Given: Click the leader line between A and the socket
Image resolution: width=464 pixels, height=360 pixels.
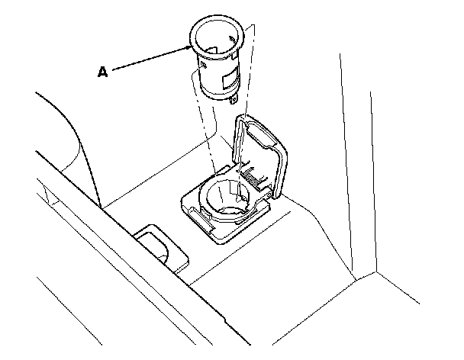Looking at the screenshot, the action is (149, 59).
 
